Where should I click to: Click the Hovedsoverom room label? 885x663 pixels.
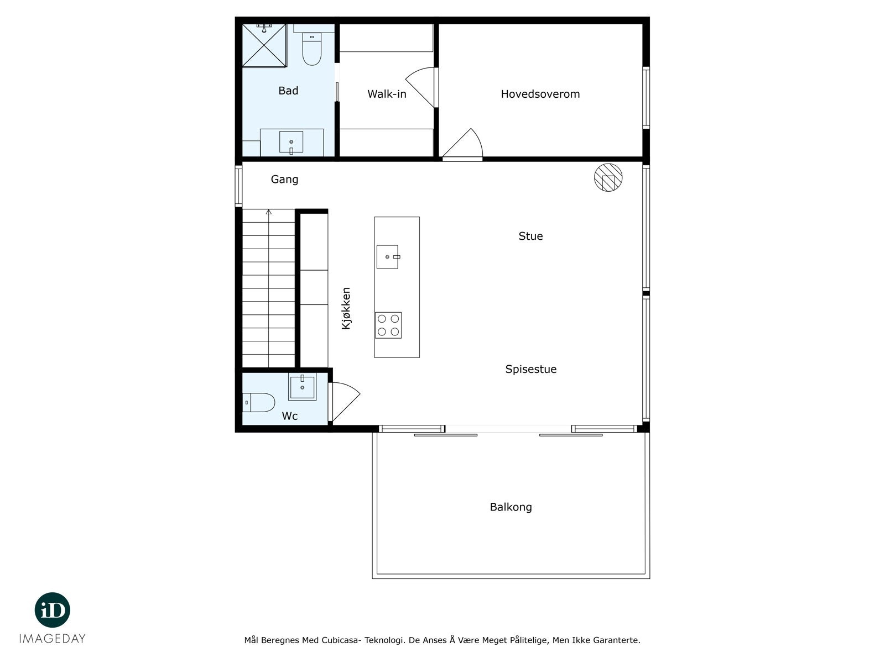(540, 94)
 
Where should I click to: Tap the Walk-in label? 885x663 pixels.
(387, 94)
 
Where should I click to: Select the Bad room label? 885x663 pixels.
(288, 91)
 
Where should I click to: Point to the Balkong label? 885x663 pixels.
(511, 507)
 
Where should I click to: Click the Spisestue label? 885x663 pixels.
(530, 369)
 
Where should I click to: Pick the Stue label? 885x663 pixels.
(530, 236)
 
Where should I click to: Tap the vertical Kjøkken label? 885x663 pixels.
(346, 308)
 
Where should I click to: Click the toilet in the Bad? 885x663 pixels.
(312, 50)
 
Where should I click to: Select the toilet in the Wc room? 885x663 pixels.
(259, 402)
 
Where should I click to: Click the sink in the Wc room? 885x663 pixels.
(303, 387)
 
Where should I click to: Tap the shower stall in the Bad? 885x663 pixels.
(264, 45)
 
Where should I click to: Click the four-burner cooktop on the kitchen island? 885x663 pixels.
(388, 325)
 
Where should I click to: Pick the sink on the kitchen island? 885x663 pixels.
(388, 257)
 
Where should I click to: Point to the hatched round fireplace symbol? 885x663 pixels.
(608, 177)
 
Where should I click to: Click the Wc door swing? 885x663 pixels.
(343, 401)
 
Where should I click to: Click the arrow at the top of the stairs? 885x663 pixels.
(269, 212)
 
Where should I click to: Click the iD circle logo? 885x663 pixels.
(53, 610)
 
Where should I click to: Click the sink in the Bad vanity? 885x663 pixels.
(291, 142)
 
